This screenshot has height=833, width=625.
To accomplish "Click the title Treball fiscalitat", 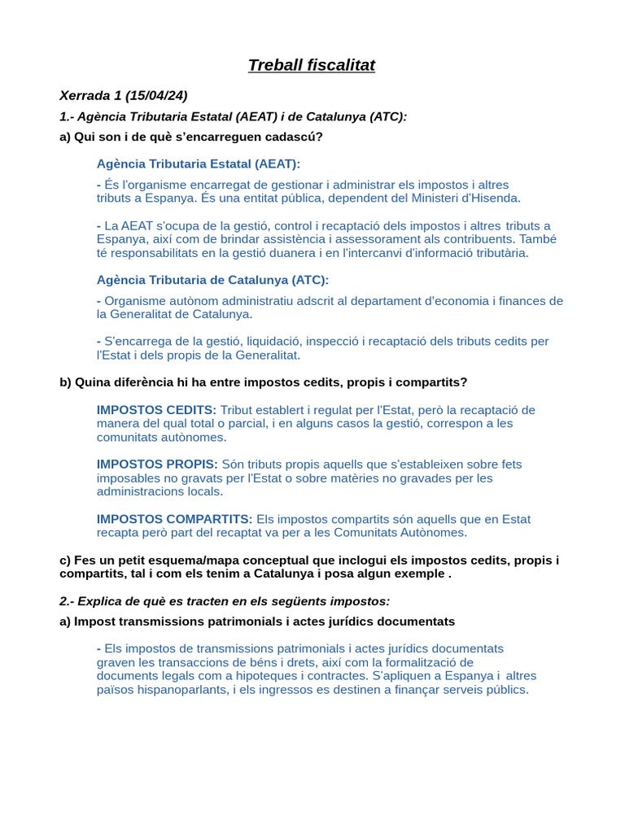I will [312, 65].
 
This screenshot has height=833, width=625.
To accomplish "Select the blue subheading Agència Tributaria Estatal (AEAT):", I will [198, 164].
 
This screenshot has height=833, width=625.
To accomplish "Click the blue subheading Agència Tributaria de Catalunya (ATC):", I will [212, 280].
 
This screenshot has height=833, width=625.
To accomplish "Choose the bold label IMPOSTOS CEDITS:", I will [156, 410].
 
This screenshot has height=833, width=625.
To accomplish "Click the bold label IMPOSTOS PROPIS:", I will [157, 464].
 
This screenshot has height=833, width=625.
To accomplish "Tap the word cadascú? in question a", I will [296, 137].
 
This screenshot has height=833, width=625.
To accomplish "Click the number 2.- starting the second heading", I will [67, 601].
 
